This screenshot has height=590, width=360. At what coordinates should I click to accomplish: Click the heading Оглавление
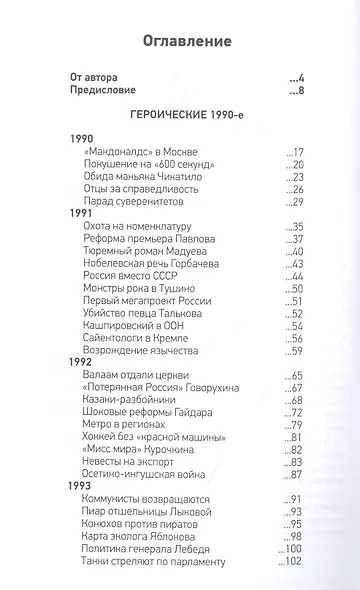[x=180, y=42]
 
